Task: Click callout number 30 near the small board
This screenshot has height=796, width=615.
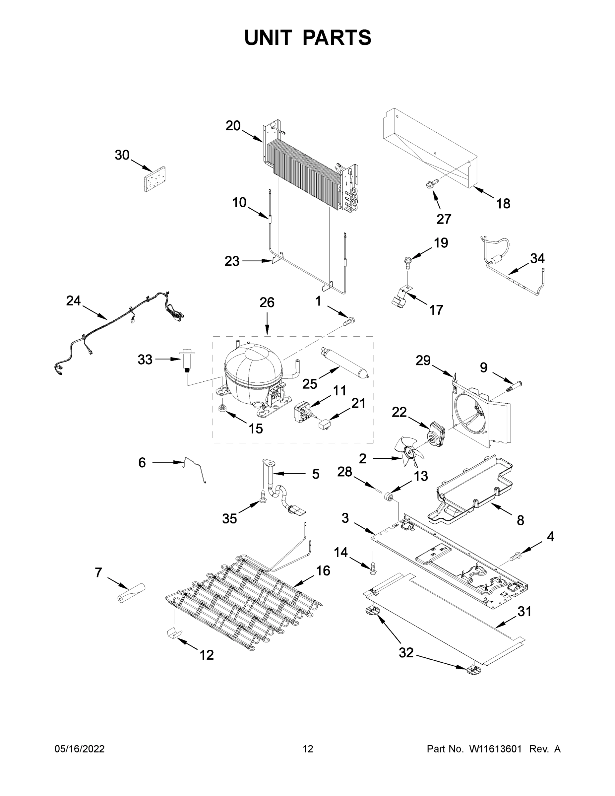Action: [122, 155]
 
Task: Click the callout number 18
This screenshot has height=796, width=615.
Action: [503, 203]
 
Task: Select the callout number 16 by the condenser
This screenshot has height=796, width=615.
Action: [323, 570]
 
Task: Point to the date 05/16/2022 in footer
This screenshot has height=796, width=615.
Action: [80, 749]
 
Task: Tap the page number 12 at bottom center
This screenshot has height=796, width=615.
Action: [308, 749]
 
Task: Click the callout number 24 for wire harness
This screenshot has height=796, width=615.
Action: [73, 301]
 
